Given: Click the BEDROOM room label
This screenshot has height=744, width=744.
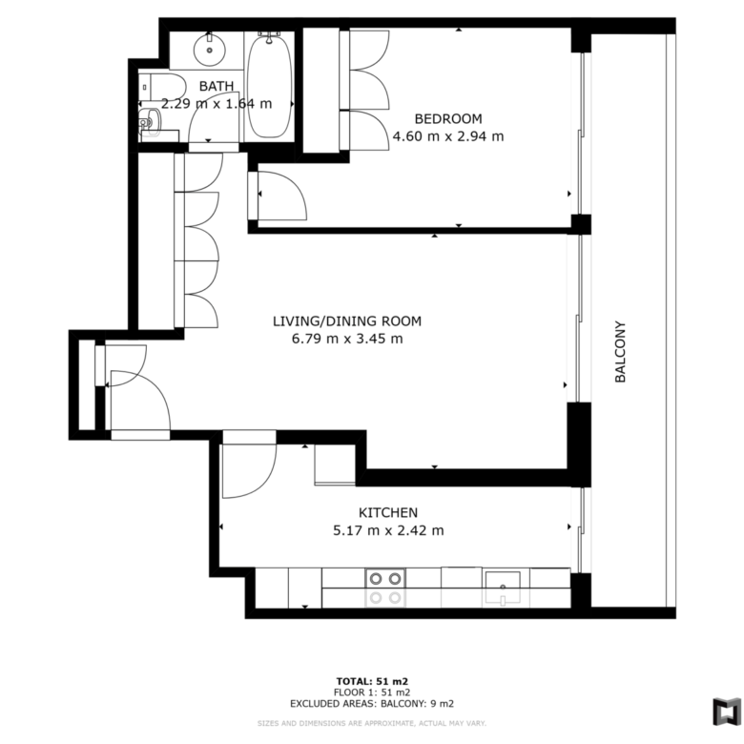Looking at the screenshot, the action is [448, 118].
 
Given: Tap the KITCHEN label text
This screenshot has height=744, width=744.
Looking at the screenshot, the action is [388, 512].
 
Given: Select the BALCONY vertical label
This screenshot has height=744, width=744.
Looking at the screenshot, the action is [620, 352].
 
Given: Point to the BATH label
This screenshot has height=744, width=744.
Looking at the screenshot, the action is [217, 86].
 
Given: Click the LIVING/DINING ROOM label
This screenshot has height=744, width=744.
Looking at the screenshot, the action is [347, 321].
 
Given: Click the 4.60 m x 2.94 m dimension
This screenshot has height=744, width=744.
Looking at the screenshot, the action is [448, 136].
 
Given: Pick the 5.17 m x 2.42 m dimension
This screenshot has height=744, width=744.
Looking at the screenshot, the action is [388, 530].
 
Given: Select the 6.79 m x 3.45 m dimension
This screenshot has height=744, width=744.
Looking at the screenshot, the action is [347, 339].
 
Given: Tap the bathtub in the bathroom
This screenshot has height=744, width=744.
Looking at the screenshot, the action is [269, 86].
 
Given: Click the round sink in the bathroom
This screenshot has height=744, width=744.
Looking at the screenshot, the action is [209, 50].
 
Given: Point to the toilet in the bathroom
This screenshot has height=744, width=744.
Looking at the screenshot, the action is [162, 88].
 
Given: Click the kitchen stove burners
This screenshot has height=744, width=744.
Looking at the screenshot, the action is [385, 579].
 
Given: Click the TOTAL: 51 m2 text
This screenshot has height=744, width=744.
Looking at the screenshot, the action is [372, 682].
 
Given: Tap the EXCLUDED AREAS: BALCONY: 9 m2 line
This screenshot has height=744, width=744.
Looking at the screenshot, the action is [372, 703].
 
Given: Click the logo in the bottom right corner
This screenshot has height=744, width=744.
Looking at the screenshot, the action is [727, 712].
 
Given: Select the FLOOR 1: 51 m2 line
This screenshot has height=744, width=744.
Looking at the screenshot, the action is [372, 692].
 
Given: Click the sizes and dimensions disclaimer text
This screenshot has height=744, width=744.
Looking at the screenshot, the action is [372, 724].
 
